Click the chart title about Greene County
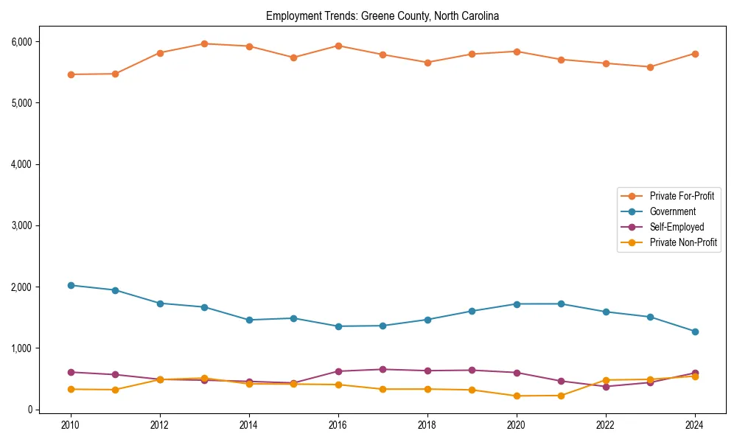(383, 16)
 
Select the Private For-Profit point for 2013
(204, 43)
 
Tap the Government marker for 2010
(71, 285)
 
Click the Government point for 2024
(695, 331)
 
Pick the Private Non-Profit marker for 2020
(517, 396)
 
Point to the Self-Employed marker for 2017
(383, 369)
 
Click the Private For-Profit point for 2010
(71, 74)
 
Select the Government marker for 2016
(338, 326)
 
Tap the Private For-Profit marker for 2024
(695, 54)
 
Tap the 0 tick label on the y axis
(29, 410)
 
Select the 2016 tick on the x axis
(338, 425)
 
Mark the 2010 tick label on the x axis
(71, 425)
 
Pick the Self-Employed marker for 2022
(606, 386)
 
